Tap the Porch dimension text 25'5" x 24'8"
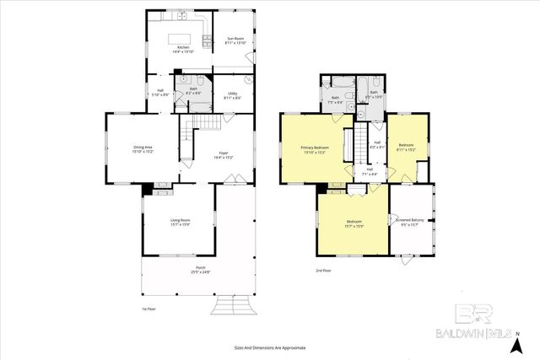click(x=199, y=272)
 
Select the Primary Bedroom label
click(x=314, y=150)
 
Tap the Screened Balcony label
click(x=410, y=223)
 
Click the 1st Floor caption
click(x=149, y=309)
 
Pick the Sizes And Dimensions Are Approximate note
click(x=270, y=347)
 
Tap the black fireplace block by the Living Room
click(x=147, y=190)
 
